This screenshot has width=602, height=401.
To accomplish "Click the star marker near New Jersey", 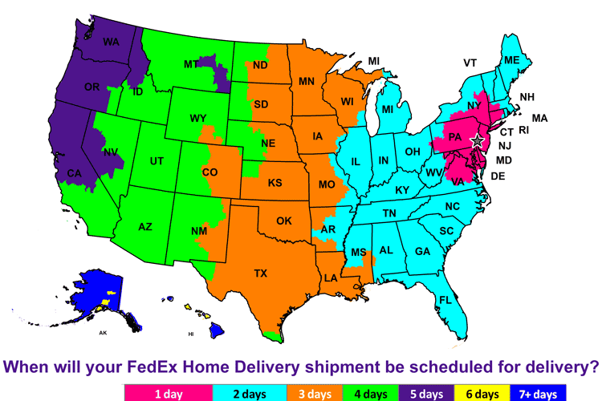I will tap(477, 140).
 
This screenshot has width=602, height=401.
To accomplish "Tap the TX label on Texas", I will tap(260, 273).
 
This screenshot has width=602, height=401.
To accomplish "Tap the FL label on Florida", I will tap(445, 301).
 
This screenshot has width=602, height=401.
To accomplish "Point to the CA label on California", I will tap(74, 173).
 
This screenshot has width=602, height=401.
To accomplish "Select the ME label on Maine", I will tap(512, 61).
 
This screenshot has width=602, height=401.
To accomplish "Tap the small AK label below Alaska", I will tap(102, 332).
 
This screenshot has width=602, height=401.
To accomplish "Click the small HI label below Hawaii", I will tap(191, 333).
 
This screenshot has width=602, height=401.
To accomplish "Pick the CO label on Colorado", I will tap(210, 172).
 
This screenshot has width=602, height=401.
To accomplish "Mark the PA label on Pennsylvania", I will tap(454, 137).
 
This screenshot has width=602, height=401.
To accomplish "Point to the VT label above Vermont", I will tap(470, 63).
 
